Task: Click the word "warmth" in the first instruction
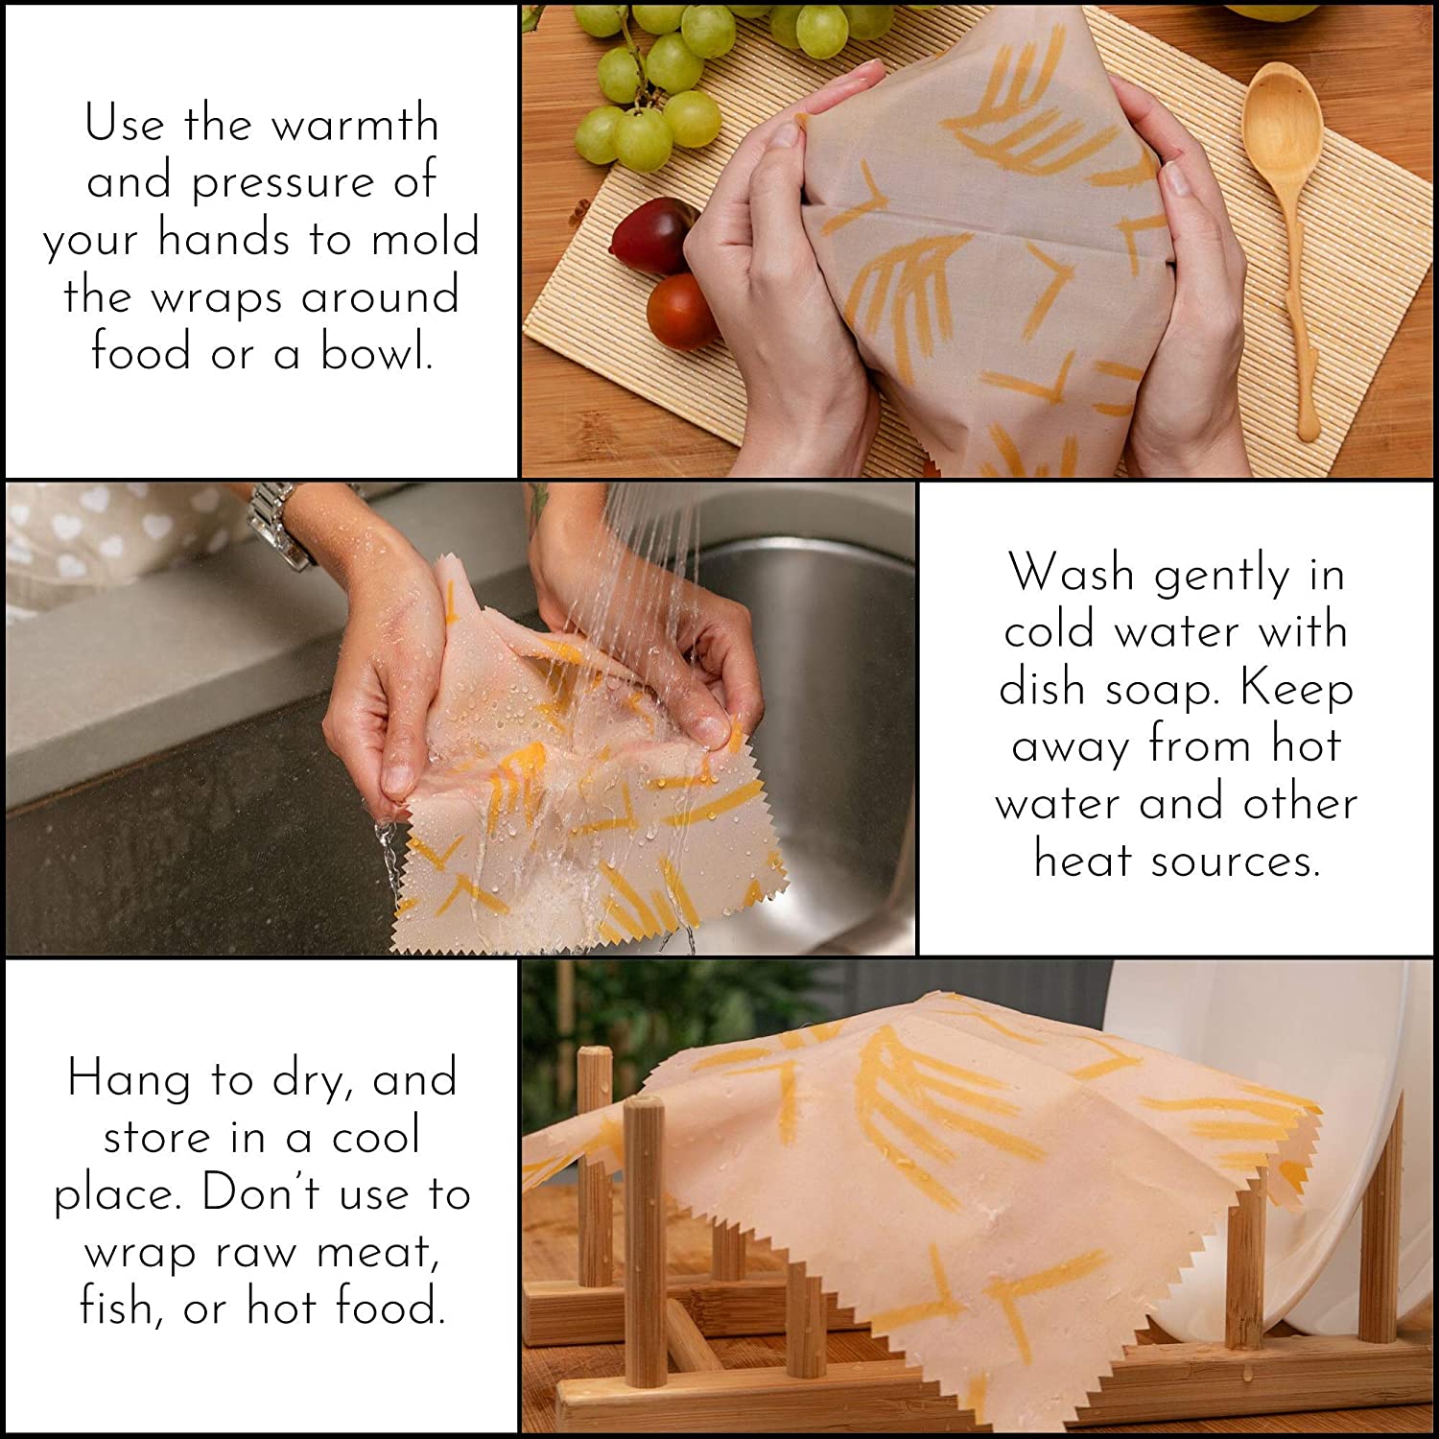pos(355,125)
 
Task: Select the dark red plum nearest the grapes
pos(652,235)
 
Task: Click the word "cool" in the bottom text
pos(376,1138)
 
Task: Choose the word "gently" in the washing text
pos(1221,576)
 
